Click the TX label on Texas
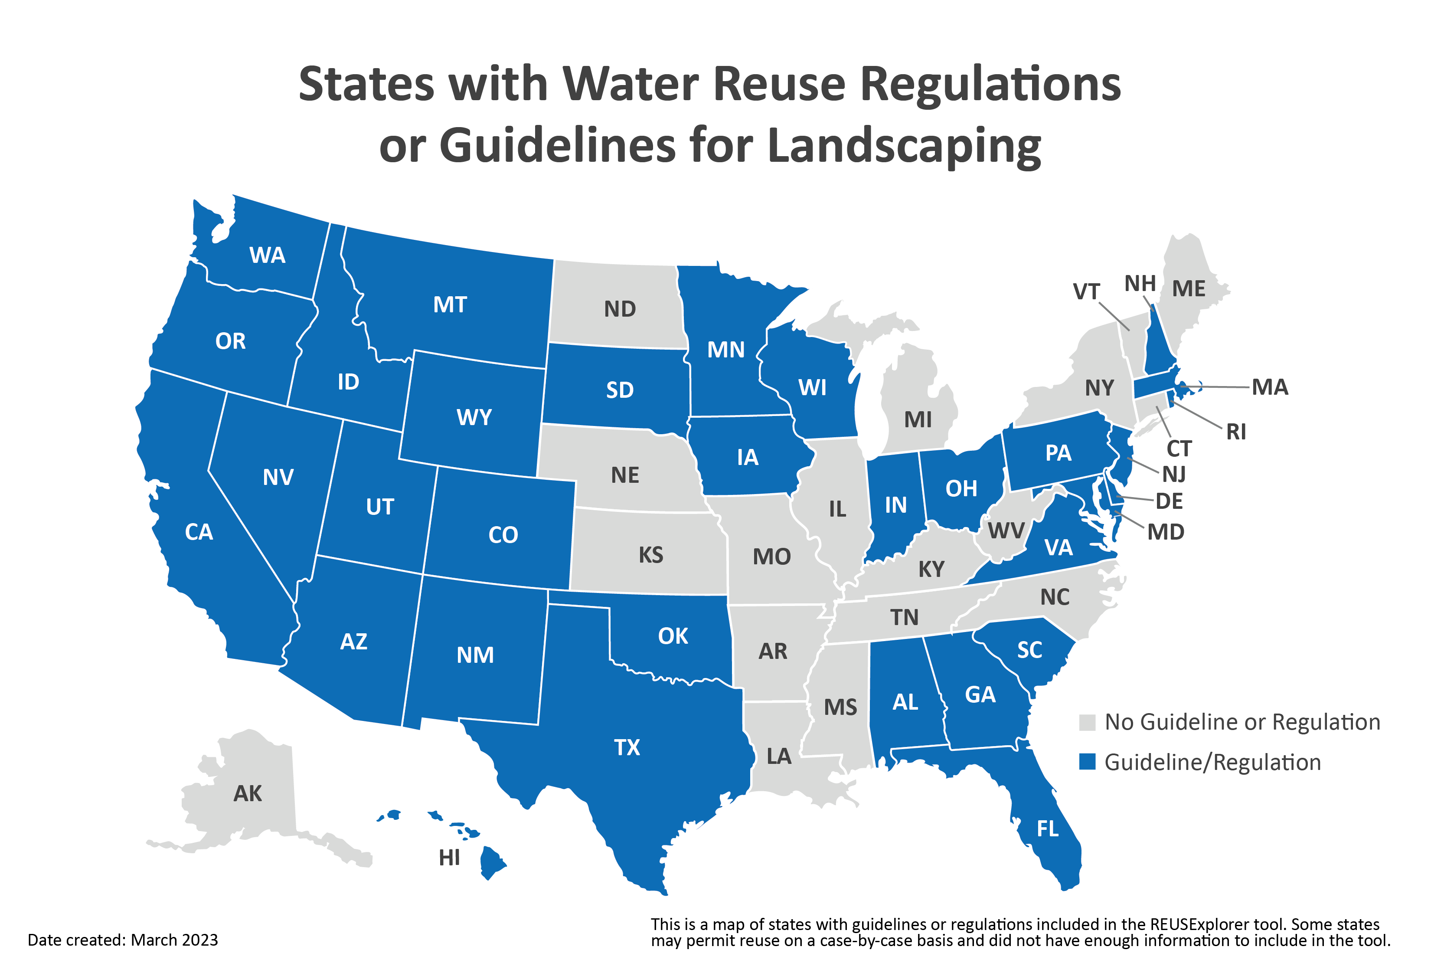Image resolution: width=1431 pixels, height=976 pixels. coord(627,747)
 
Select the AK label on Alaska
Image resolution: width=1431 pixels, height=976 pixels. coord(248,794)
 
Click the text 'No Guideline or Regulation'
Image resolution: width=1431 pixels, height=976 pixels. coord(1242,722)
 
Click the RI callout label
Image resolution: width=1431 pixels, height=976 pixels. coord(1236,432)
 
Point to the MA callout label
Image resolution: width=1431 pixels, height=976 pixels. coord(1270,387)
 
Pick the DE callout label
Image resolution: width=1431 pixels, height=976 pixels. coord(1169,501)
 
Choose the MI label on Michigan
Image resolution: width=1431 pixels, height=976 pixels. coord(918,420)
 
